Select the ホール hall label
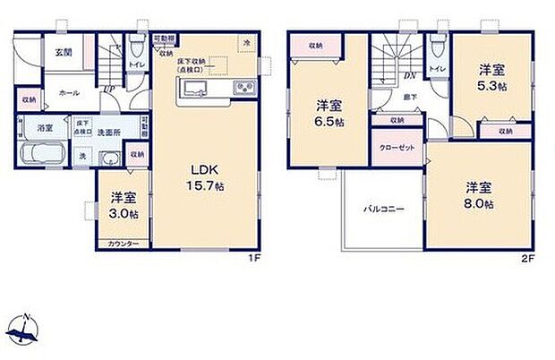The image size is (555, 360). (68, 92)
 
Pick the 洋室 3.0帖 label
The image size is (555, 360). (124, 206)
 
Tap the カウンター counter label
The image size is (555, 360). (124, 244)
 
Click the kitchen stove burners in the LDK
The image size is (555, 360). (243, 87)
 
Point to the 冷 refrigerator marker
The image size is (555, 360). (246, 43)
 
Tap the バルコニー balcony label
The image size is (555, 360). (382, 210)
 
